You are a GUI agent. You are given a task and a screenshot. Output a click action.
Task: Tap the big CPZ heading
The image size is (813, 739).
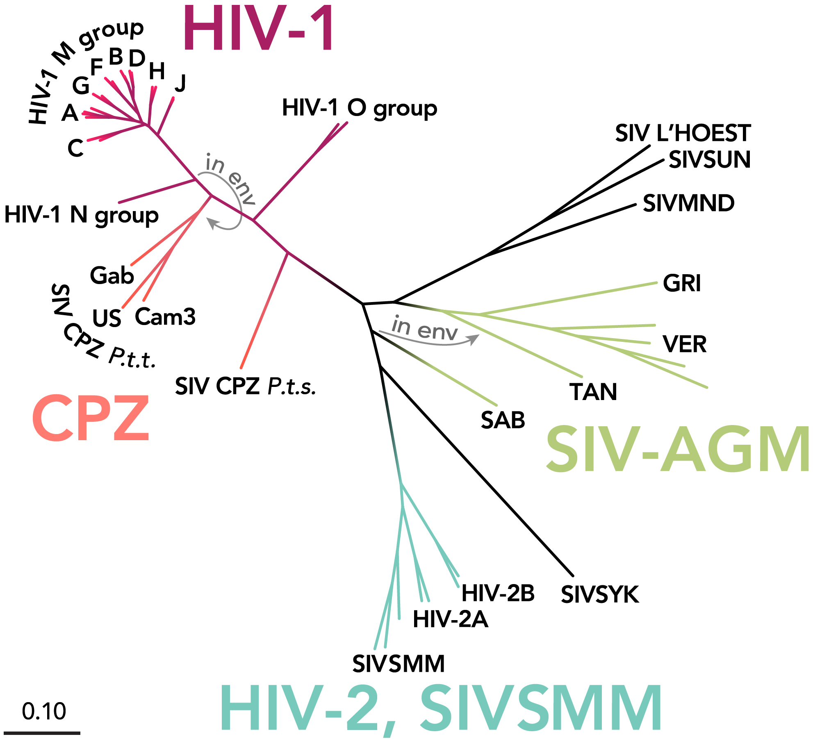point(91,418)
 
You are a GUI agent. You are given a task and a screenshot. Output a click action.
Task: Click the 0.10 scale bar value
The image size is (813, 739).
point(44,711)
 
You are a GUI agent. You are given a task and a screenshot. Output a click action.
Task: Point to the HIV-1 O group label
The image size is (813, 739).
point(360,108)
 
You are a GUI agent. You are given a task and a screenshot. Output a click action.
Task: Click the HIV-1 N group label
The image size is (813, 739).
point(81,214)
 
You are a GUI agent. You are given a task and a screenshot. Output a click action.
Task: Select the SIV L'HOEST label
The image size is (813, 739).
point(683,133)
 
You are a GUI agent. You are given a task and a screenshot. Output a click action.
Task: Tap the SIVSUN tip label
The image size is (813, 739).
point(709,159)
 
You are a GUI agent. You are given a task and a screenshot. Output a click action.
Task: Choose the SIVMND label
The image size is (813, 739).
point(688,203)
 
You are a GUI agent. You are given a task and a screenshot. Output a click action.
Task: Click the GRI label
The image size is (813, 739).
point(682,283)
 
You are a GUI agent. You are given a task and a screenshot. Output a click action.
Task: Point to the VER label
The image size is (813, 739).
point(684,344)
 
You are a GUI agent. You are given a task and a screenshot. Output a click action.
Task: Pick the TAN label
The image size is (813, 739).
point(593,392)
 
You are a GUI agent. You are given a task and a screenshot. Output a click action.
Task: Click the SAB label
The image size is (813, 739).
point(503,420)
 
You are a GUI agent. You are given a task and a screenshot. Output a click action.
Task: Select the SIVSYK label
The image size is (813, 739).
point(600,595)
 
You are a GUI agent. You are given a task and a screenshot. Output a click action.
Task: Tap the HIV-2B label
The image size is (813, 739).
point(498,593)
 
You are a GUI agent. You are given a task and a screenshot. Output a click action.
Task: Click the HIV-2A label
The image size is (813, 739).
point(450,619)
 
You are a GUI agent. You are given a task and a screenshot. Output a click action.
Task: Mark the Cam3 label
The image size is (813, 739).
point(165,317)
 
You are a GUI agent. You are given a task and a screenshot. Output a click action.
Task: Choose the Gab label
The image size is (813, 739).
point(112,275)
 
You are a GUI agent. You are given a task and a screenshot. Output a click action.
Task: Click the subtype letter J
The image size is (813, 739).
point(180,83)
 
